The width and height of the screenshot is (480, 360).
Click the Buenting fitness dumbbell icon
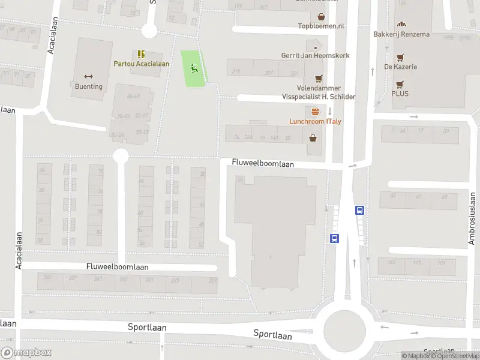coord(89,76)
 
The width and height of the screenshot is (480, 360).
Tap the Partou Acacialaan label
coord(142,64)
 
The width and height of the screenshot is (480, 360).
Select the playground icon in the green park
coord(194,68)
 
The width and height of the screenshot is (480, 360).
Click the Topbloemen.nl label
coord(322,26)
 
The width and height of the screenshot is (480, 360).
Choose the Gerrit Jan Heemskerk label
coord(315,56)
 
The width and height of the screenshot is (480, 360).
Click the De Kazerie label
coord(401,67)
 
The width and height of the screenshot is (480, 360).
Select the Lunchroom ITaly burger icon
coord(316,112)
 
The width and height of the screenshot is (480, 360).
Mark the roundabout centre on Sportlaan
coord(344,329)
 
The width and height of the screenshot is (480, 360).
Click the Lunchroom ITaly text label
coord(316,121)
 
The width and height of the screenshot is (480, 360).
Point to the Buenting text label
coord(89,86)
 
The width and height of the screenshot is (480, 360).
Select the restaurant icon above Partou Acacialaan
coord(141,54)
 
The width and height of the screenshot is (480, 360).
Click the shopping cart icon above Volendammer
coord(319,78)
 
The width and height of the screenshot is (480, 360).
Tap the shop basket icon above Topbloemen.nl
coord(322,17)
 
